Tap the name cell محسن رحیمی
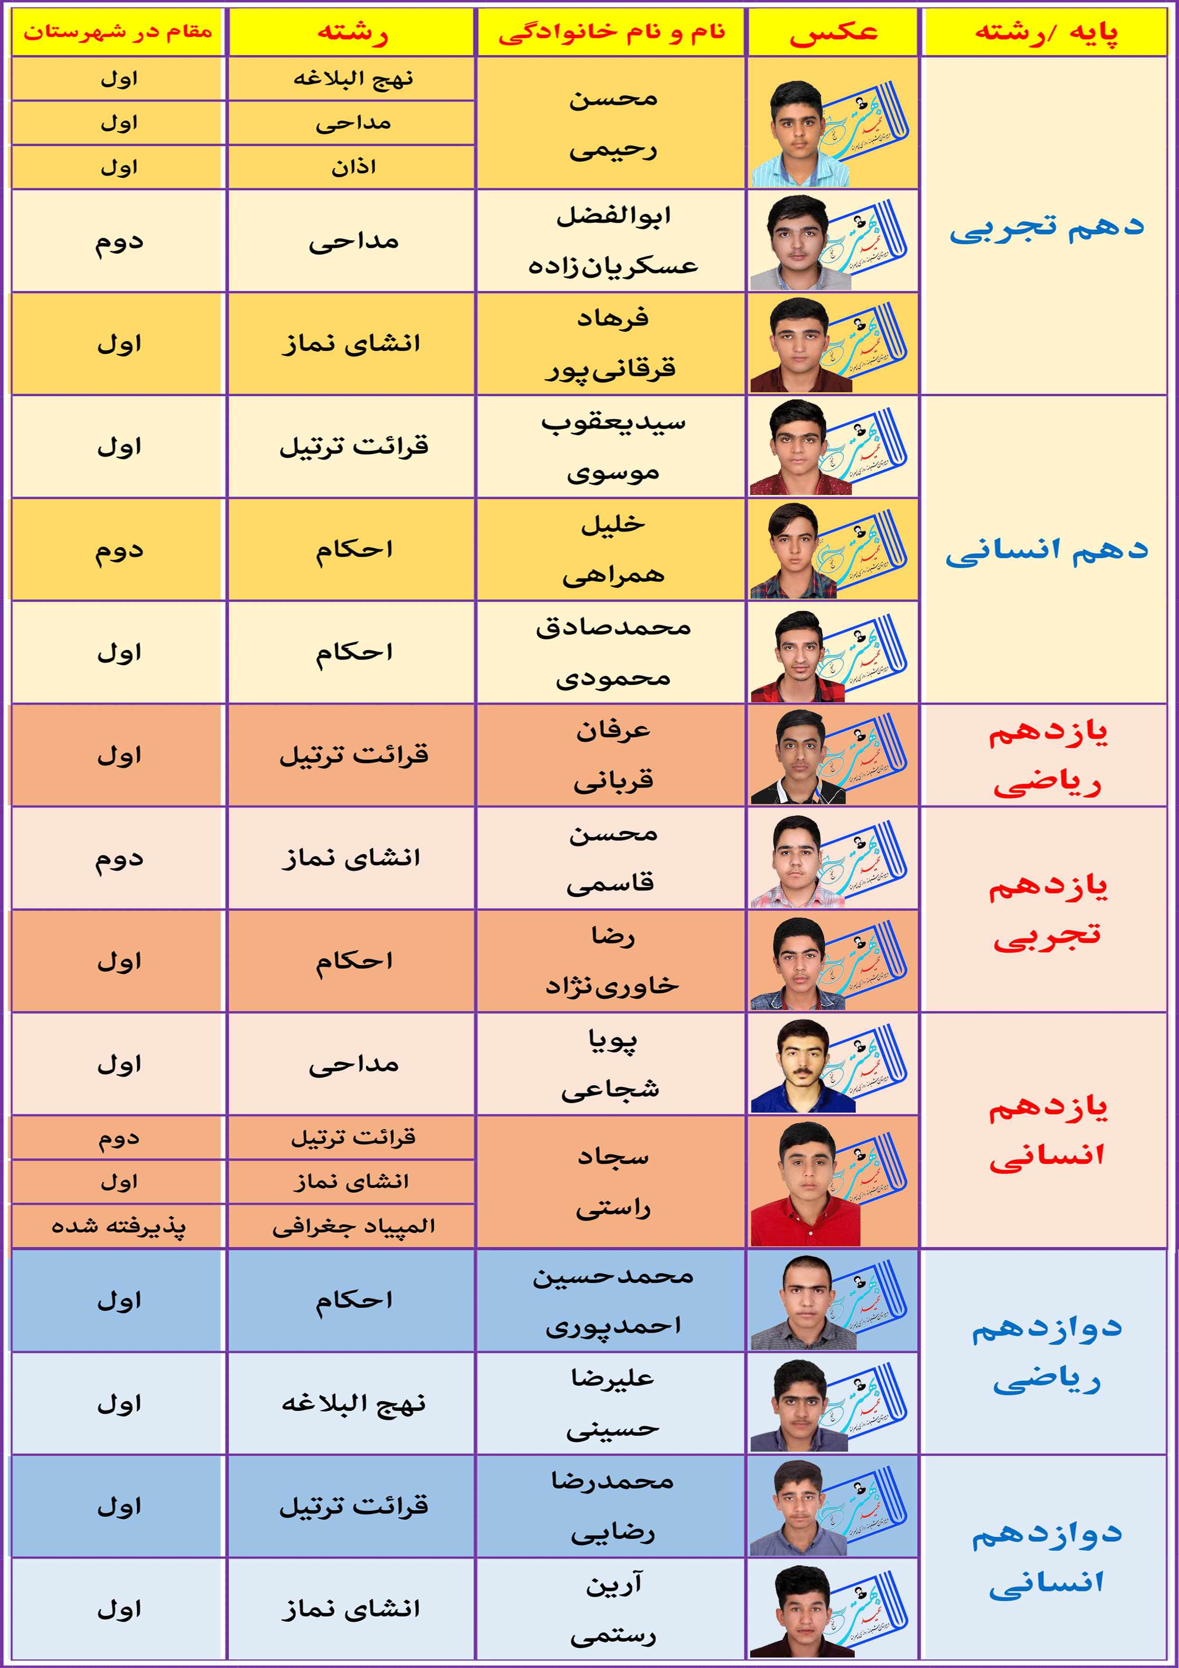coord(612,124)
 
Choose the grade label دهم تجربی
coord(1045,227)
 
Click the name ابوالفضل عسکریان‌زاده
coord(612,241)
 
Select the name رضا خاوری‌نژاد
coord(612,961)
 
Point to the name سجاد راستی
coord(612,1182)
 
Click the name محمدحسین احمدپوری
coord(612,1300)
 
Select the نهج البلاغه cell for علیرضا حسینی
coord(353,1404)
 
